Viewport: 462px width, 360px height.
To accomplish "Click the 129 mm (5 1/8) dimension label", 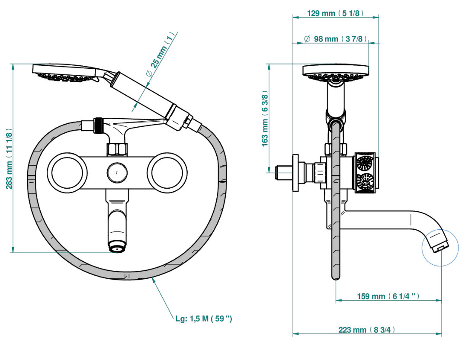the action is click(x=335, y=13).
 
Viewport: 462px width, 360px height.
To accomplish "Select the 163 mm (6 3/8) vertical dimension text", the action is click(x=265, y=119).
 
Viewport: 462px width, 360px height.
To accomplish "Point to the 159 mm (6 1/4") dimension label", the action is click(x=388, y=296).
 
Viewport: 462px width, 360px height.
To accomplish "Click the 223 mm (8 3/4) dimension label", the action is click(x=367, y=330).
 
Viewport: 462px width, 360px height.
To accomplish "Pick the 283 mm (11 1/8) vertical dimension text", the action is click(x=9, y=159).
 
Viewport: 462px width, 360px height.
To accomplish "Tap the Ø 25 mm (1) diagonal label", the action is click(x=160, y=55).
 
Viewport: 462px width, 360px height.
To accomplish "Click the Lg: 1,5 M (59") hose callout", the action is click(x=204, y=318).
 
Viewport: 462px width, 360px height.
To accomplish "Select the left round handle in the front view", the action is click(x=67, y=173).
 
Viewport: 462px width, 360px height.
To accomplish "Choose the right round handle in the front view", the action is click(x=167, y=173).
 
